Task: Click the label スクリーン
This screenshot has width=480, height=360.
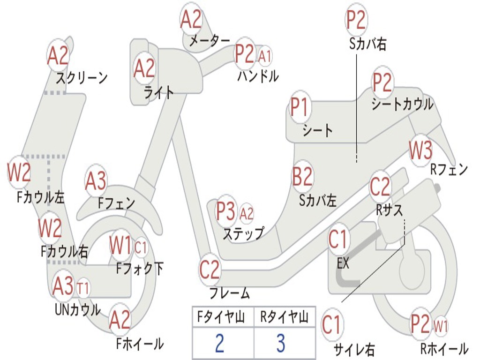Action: (x=82, y=78)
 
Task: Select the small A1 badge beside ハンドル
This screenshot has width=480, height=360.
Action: (x=265, y=56)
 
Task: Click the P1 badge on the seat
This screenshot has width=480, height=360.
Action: (x=300, y=108)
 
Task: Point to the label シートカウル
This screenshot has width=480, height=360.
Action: (x=402, y=105)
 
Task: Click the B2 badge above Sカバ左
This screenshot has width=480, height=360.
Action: (x=302, y=177)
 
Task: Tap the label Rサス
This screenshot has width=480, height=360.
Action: (x=390, y=210)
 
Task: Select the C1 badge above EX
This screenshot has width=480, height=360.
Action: (x=339, y=239)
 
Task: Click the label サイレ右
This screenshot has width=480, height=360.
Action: (x=354, y=349)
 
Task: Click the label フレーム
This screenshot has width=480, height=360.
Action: (x=230, y=294)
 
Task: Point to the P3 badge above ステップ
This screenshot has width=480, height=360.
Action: (x=226, y=211)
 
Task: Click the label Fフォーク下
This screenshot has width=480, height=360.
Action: (x=140, y=269)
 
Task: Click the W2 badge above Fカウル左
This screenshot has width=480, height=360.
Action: (x=19, y=172)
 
